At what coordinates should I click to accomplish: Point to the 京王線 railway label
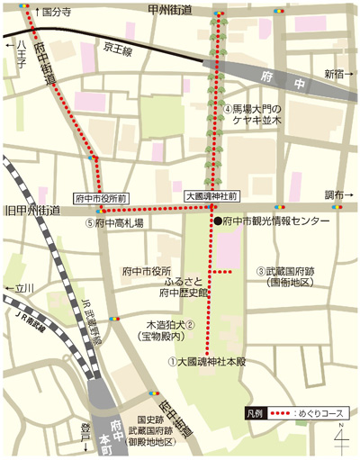tap(118, 50)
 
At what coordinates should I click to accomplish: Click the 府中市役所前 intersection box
tap(100, 194)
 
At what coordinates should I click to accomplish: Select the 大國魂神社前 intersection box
tap(210, 194)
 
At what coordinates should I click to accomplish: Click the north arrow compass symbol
tap(341, 439)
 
